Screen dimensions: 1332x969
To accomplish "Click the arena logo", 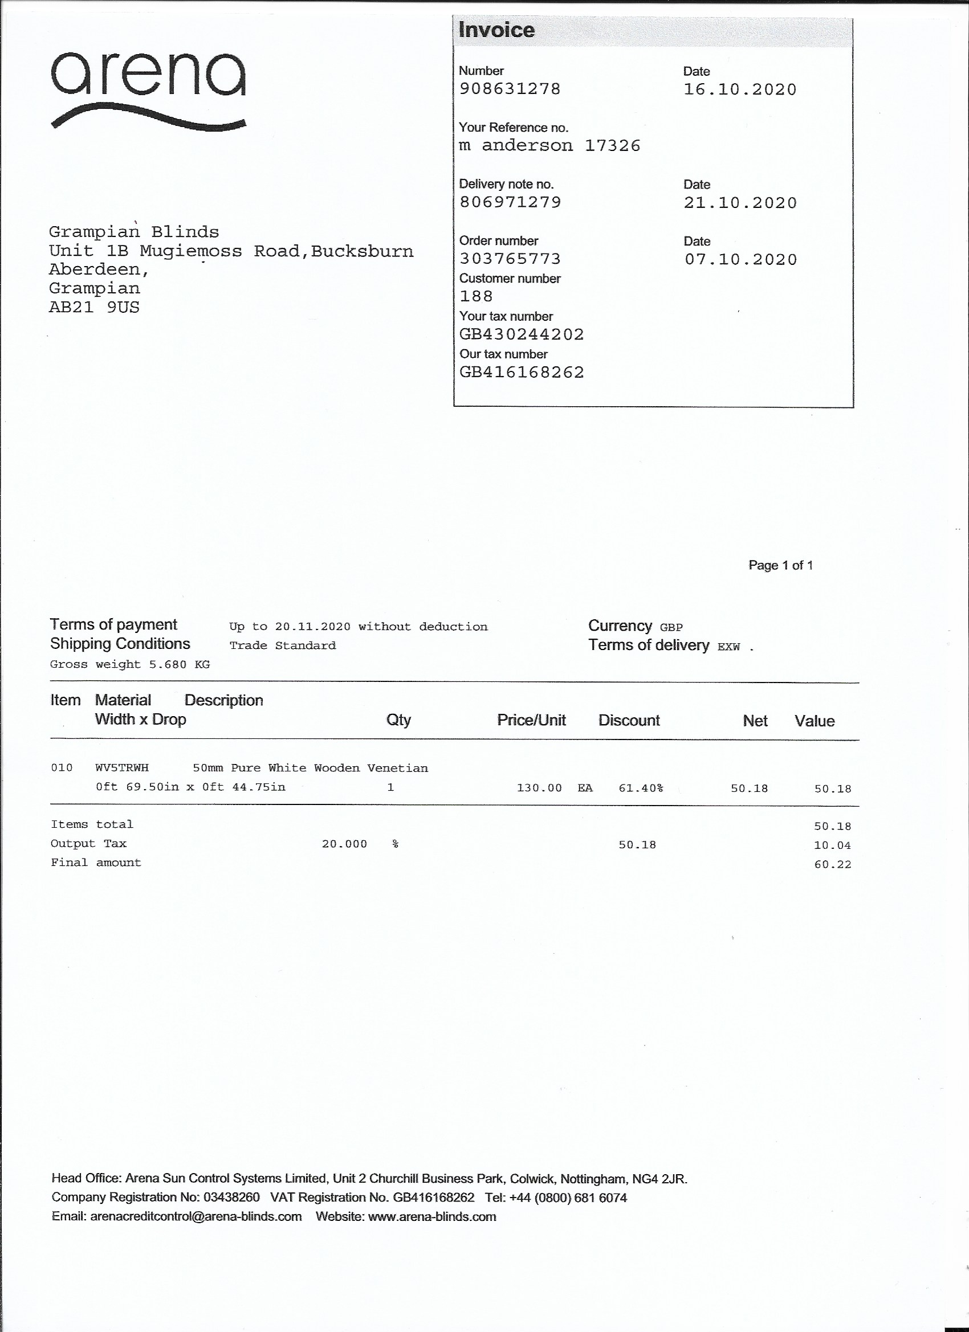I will (148, 89).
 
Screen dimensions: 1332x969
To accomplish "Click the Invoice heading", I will (496, 30).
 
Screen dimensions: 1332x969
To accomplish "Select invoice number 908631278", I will (510, 89).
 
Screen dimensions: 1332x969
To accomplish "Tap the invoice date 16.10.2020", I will (740, 90).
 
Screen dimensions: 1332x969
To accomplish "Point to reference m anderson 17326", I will (549, 146).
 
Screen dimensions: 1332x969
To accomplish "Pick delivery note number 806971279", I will (510, 202).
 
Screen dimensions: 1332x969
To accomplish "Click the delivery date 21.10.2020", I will (740, 203).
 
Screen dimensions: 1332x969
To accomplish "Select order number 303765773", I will (510, 259).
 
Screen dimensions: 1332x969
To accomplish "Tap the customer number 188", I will (476, 297).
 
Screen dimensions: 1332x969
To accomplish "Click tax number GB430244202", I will (521, 335).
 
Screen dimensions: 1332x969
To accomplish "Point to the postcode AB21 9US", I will (94, 307).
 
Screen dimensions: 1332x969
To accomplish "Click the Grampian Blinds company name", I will (133, 232).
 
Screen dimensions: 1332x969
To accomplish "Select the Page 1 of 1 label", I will (780, 565).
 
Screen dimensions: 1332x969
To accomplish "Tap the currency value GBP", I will (671, 627).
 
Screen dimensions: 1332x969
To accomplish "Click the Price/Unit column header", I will (531, 720).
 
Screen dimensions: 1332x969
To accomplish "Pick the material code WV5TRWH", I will (122, 767).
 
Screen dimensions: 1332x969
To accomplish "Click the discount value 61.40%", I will (641, 788).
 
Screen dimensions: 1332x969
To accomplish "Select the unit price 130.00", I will (539, 787).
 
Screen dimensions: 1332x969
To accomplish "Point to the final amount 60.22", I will (832, 864).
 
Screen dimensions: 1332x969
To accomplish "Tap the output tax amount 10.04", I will (832, 845).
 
